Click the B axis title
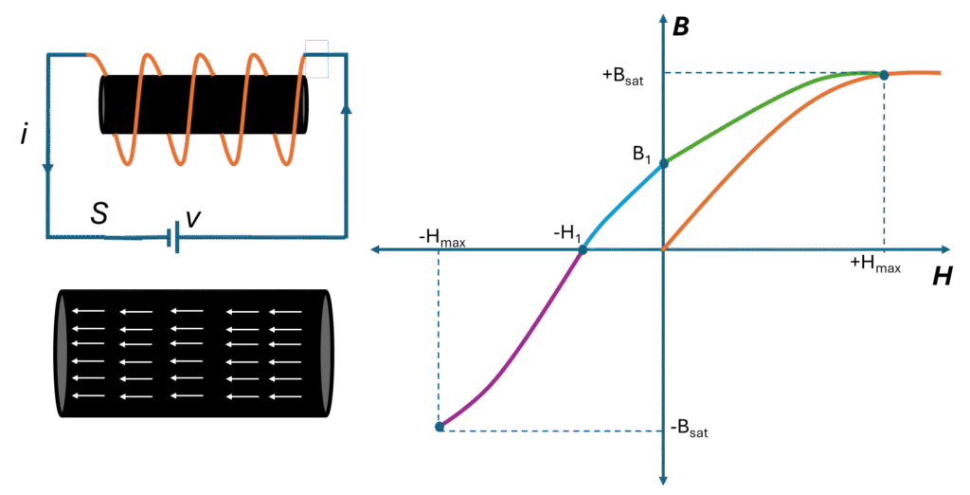[x=680, y=27]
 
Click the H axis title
[x=942, y=276]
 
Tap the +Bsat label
[x=624, y=79]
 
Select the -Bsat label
[x=688, y=431]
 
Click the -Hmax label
[x=442, y=238]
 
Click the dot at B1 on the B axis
[x=663, y=164]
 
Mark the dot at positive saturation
[x=884, y=75]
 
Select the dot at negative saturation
[x=440, y=427]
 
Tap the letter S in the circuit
[x=98, y=213]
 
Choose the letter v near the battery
[x=193, y=217]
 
